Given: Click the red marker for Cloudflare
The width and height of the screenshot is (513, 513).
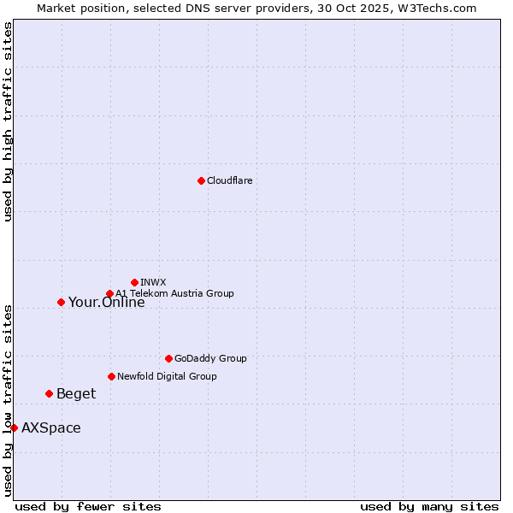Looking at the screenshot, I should pos(201,180).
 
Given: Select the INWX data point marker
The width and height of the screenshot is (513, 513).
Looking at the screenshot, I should pos(134,282).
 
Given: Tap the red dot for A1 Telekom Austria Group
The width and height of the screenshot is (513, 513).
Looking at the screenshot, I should pos(109,294).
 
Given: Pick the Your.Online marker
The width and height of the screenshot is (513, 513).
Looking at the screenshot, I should pos(61,302).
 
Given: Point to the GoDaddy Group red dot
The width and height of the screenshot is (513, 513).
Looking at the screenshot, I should pos(168,358).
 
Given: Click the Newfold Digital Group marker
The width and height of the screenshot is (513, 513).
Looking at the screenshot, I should pos(111,376).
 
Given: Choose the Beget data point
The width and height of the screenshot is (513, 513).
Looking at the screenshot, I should pos(49,393).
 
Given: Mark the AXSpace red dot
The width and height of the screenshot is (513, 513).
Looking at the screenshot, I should pos(14,427).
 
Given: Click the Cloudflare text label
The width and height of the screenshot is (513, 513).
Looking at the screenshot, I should pos(229,180).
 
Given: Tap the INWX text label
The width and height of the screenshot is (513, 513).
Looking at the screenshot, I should pos(153,282).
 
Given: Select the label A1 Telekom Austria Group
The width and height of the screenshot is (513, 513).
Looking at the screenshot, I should pos(174,294).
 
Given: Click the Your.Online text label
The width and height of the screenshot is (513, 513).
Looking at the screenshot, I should pos(106,302).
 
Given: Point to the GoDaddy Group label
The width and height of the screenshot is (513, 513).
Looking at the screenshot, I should pos(210,358).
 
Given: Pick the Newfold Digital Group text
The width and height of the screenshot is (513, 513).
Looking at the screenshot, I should pos(167,376).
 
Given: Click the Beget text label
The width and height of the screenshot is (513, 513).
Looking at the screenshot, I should pos(76,394).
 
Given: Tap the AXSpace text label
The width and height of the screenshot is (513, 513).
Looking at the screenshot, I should pos(51,428).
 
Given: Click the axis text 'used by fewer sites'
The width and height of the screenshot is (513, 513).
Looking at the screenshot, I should pos(88,506).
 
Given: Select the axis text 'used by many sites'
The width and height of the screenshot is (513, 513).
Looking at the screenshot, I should pos(429,506).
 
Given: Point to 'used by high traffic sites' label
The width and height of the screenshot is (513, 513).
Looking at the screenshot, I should pos(8,121).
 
